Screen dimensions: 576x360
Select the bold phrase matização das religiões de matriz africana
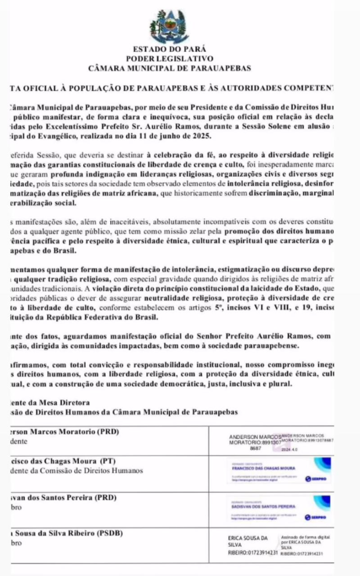[x=89, y=193]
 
